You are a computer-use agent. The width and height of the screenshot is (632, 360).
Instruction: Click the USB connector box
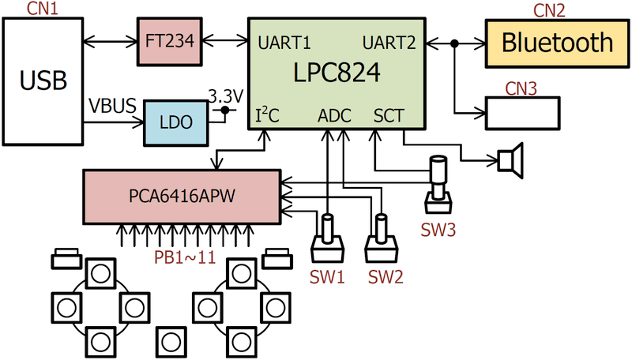click(43, 80)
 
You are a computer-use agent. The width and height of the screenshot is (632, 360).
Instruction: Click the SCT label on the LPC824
click(389, 116)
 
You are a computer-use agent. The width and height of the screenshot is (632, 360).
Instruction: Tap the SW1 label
click(326, 276)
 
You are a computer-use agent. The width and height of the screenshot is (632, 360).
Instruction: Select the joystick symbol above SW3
click(438, 186)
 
